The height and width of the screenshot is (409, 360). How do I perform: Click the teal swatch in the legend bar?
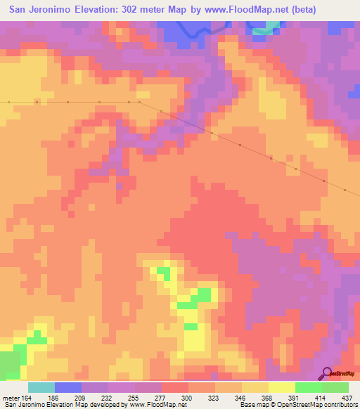tap(41, 387)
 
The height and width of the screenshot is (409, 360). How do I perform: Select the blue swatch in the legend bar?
tap(67, 387)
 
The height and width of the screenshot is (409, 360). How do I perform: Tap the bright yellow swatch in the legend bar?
tap(281, 387)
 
